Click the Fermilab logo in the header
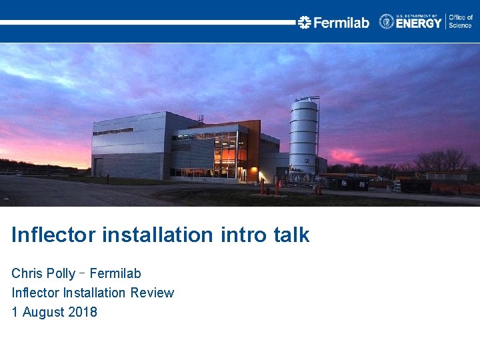point(333,22)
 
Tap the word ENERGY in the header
point(419,23)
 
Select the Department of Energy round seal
point(387,21)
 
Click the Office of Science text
point(460,21)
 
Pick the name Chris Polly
point(43,273)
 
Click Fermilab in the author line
point(115,273)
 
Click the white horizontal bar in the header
point(147,22)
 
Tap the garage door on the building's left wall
point(99,167)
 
